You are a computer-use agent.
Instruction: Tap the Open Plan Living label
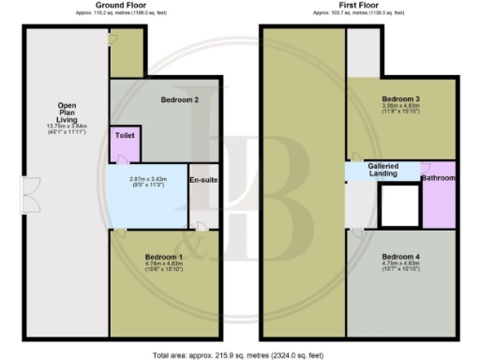[67, 112]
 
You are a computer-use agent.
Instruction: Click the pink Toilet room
[125, 141]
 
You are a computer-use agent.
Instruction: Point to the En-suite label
[204, 180]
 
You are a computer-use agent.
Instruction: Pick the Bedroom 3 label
[399, 99]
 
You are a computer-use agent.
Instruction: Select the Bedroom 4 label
[398, 256]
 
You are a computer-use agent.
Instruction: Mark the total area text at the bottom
[240, 354]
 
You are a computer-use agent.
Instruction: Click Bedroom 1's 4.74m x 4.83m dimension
[163, 264]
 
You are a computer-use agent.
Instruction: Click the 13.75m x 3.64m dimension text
[67, 127]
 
